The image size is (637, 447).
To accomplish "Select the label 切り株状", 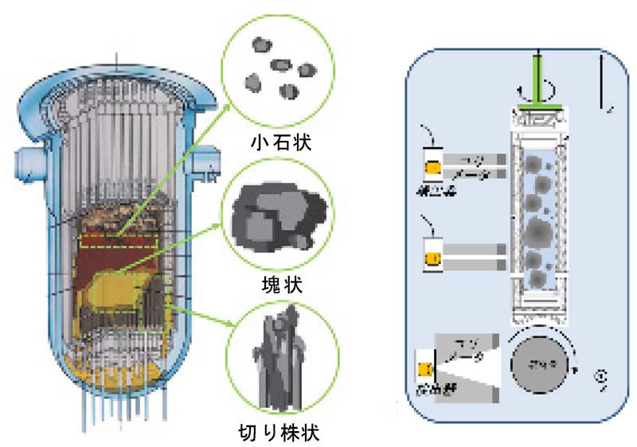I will [x=283, y=433].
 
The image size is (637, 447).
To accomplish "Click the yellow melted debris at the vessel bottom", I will [x=111, y=389].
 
